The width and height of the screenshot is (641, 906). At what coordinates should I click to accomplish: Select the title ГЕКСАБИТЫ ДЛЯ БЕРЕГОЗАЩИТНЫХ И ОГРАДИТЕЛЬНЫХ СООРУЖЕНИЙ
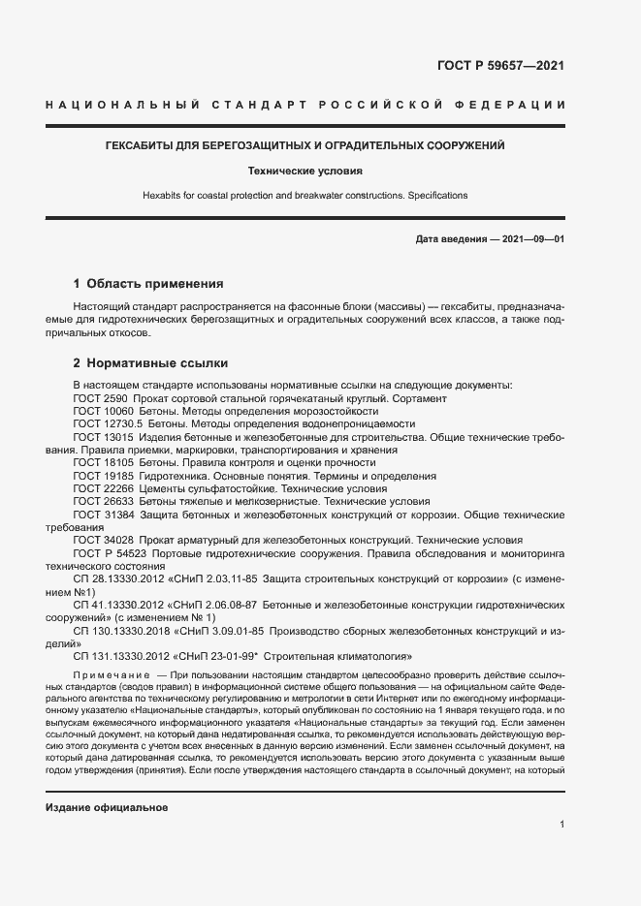304,145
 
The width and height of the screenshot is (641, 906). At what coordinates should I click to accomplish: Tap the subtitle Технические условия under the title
304,171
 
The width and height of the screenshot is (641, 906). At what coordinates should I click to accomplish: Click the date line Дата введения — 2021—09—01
489,238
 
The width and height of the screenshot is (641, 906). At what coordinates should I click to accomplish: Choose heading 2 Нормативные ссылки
150,363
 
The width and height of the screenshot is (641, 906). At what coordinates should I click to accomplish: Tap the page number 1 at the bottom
561,824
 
